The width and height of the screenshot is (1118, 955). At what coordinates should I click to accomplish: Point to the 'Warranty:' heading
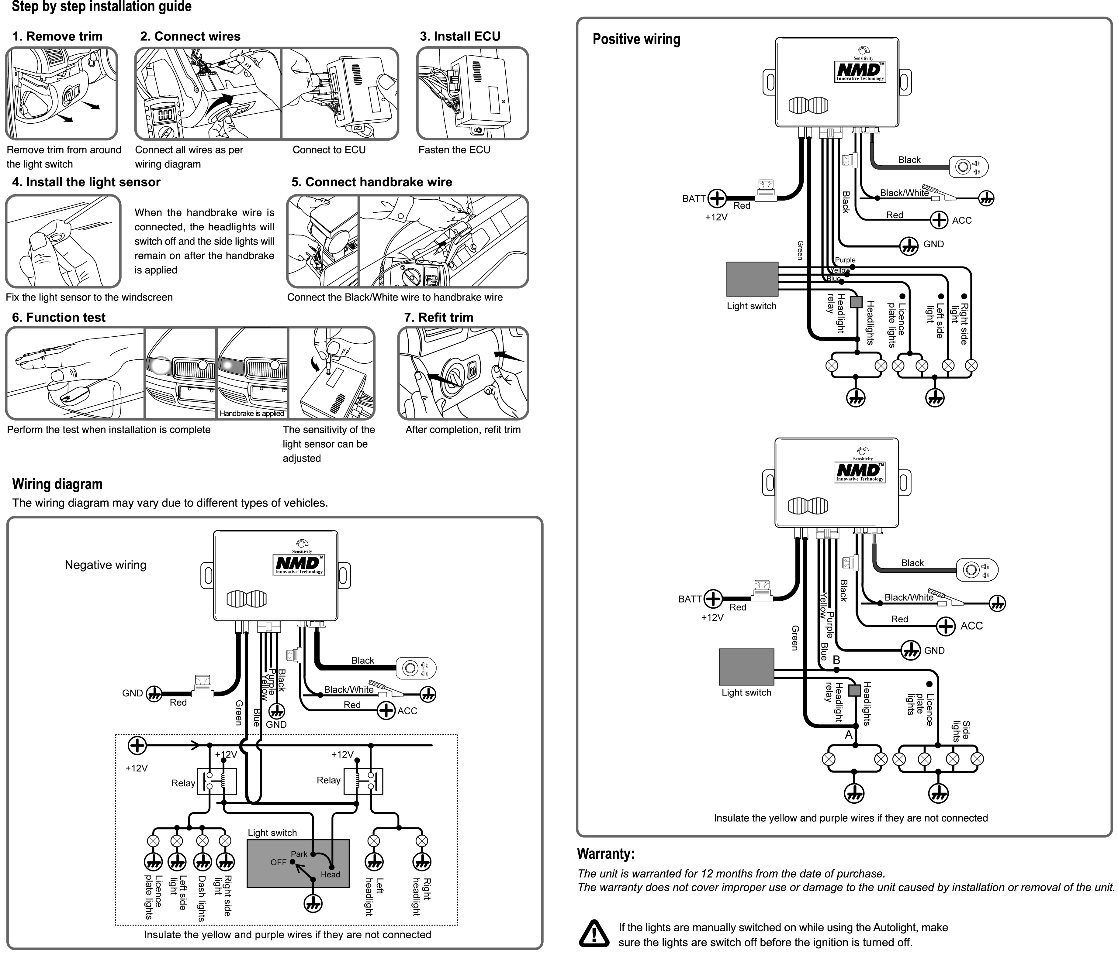605,854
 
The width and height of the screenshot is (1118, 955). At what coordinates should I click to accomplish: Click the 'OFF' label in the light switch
279,862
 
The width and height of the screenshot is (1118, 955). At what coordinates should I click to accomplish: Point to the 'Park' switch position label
299,854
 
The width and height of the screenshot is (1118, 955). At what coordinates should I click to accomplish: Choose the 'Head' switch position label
330,875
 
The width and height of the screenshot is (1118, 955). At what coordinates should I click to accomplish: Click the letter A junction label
848,735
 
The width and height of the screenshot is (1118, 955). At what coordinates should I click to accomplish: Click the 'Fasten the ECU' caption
454,150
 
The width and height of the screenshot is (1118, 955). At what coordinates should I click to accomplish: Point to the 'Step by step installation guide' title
102,7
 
